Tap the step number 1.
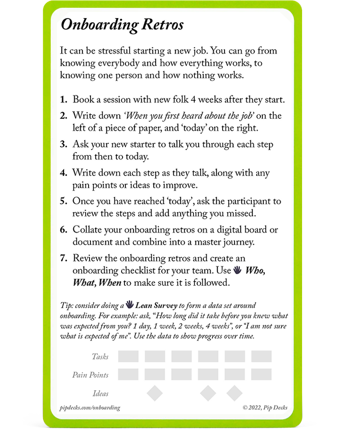click(x=63, y=100)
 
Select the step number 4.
click(x=63, y=172)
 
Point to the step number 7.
click(x=63, y=258)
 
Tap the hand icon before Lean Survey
click(x=129, y=305)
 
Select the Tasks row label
click(x=100, y=356)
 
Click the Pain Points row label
click(x=90, y=375)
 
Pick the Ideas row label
click(x=101, y=394)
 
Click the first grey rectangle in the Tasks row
click(x=128, y=356)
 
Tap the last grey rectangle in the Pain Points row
click(x=261, y=374)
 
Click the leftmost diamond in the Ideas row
click(x=155, y=393)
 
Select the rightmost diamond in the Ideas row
click(x=235, y=393)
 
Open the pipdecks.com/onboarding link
click(x=90, y=408)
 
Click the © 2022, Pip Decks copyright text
click(x=265, y=408)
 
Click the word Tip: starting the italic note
click(x=67, y=305)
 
